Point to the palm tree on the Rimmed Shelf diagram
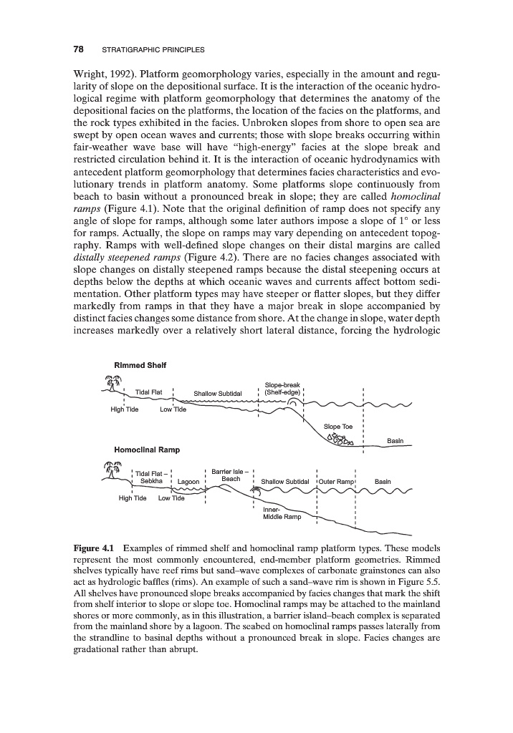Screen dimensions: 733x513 (x=110, y=384)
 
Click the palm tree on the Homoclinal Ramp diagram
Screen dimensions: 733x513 (x=110, y=470)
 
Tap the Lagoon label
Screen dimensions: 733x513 (x=189, y=481)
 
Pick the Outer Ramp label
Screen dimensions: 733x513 (x=336, y=481)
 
